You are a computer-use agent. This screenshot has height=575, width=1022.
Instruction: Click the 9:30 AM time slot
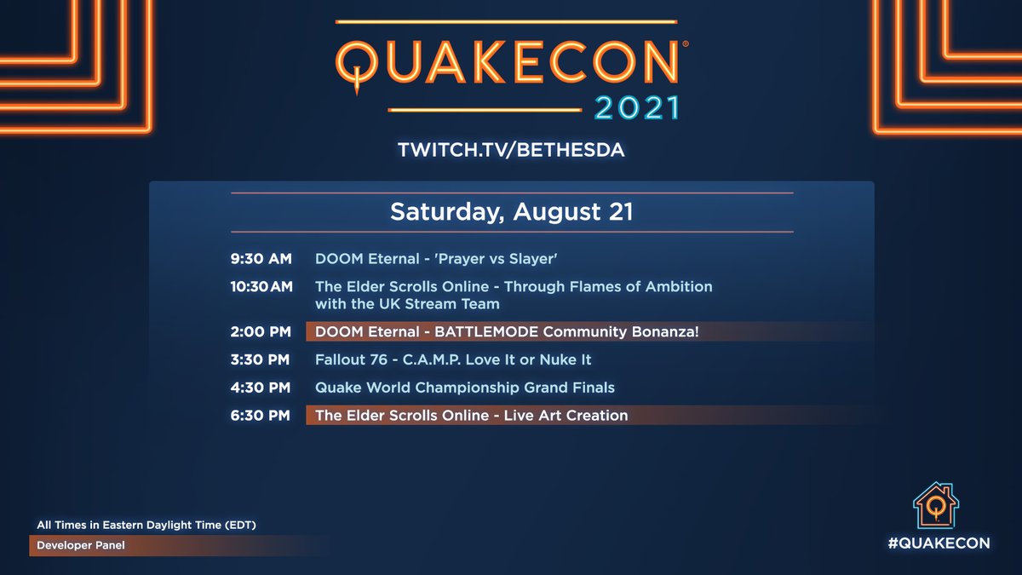point(261,258)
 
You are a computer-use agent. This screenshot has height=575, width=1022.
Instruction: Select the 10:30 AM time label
point(261,287)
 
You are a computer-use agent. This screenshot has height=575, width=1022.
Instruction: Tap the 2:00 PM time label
point(261,331)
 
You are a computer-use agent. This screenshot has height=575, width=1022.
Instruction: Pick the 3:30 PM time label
point(261,359)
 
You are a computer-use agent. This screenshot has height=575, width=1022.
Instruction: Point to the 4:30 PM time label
point(261,388)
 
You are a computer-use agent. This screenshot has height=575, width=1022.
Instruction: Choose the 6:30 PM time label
point(261,416)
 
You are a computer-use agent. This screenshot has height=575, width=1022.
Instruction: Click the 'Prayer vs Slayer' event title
point(436,258)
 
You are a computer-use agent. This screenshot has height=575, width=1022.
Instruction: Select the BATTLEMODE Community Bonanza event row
point(507,331)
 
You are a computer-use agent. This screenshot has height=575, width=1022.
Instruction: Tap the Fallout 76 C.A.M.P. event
point(453,359)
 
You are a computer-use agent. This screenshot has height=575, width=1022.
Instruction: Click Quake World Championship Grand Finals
point(465,388)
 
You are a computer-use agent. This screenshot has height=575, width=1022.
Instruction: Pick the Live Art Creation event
point(471,416)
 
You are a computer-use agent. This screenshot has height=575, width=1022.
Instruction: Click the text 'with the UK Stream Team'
point(407,304)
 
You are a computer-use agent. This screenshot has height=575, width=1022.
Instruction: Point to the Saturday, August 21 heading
point(511,212)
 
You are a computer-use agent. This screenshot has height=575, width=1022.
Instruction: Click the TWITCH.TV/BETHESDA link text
point(511,150)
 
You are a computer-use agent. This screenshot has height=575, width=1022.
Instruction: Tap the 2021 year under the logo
point(637,108)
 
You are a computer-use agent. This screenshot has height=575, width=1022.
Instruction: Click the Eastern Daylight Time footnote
point(146,525)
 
